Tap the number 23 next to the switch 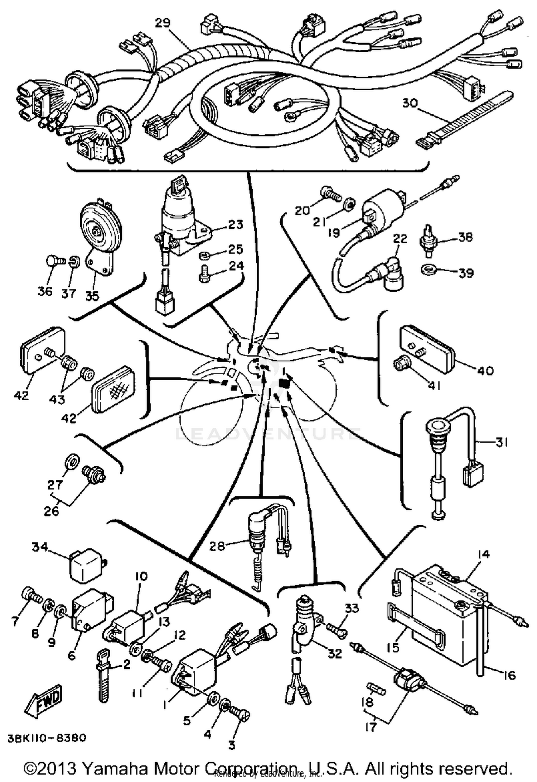coord(235,225)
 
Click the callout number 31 coord(501,443)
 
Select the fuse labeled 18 coord(377,688)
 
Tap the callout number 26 coord(51,511)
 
